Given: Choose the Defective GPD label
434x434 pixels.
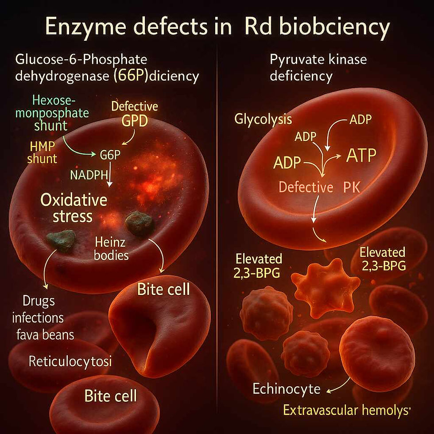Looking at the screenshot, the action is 135,114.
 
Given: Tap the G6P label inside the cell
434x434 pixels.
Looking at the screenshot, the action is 110,155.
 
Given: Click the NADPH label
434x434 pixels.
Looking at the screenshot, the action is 89,175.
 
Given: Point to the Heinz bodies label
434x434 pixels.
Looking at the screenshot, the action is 111,248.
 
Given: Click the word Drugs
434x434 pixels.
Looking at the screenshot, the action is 39,301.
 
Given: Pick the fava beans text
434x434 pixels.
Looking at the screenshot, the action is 43,334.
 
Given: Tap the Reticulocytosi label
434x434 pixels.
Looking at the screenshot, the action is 70,361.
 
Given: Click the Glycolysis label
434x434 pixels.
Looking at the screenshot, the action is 263,119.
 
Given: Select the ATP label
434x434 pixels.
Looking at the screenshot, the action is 360,155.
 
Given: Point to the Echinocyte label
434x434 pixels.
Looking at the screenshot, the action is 287,389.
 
